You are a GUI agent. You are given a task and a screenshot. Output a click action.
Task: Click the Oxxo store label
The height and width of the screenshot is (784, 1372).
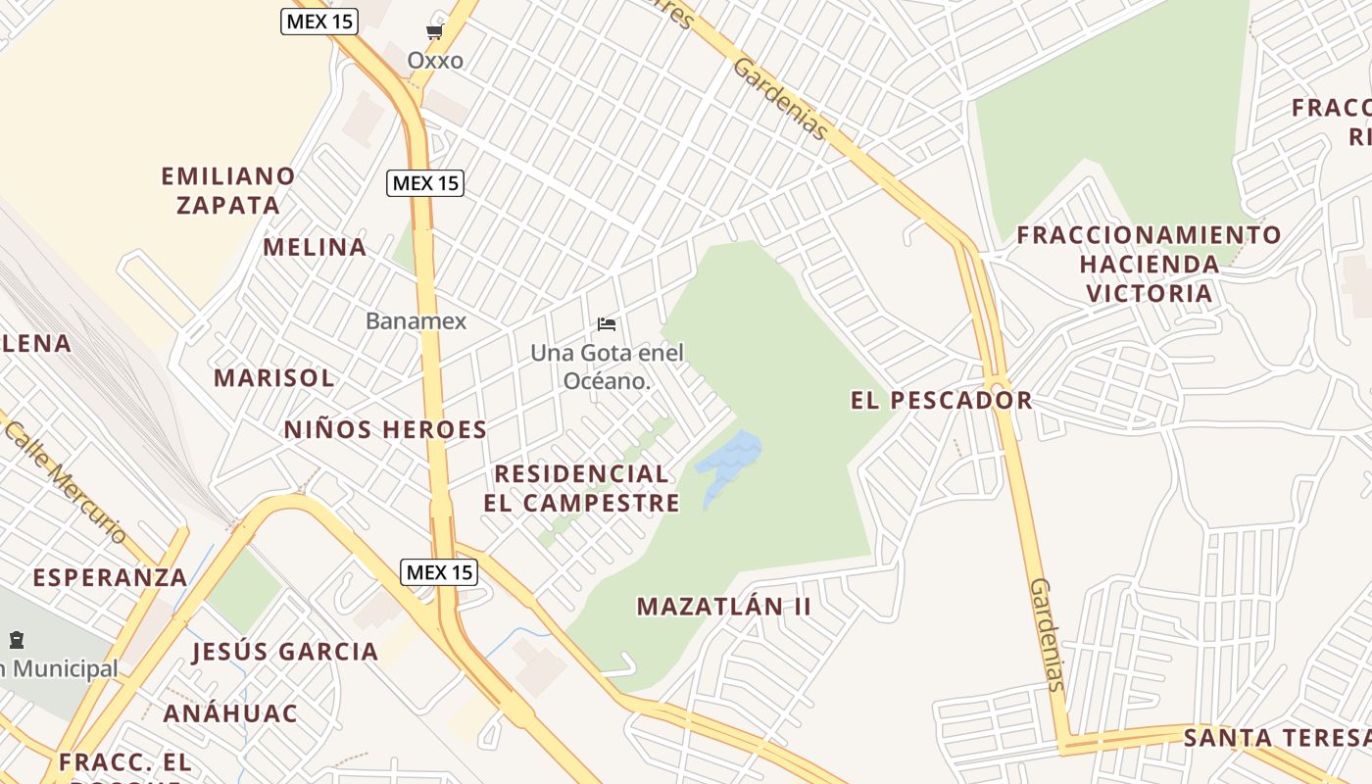coord(435,61)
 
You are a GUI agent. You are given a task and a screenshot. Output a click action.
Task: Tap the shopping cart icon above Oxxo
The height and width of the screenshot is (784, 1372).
coord(435,32)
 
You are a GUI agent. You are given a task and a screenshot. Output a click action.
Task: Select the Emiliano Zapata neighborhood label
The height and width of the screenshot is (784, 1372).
coord(228,190)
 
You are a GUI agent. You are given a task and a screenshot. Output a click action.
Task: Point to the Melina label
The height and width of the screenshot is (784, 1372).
coord(315,247)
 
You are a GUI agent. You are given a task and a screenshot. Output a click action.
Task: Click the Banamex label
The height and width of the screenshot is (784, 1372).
coord(416,320)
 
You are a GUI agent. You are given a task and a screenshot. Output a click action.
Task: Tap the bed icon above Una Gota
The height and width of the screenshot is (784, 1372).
coord(607,324)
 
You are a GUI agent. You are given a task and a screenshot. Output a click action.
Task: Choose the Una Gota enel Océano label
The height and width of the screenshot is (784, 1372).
coord(607,366)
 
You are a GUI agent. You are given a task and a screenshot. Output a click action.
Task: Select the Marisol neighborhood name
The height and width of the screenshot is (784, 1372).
coord(274,377)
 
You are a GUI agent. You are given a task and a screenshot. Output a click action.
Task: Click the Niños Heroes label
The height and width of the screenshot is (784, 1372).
coord(385,429)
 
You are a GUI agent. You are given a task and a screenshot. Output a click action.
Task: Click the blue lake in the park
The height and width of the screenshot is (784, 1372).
coord(729,461)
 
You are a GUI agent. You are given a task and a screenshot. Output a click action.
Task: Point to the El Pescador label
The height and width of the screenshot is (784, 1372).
coord(941,400)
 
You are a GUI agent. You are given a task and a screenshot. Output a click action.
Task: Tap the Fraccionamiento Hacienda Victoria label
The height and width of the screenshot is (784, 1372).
coord(1149,264)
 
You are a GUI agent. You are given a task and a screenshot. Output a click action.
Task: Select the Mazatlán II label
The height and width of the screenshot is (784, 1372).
coord(724,607)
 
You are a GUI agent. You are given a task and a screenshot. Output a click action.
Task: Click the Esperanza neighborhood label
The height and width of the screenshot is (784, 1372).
coord(110,577)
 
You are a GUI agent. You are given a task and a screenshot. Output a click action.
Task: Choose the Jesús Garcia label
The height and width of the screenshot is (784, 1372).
coord(285,652)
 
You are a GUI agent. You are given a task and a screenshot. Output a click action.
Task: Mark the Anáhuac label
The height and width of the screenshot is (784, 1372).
coord(230,713)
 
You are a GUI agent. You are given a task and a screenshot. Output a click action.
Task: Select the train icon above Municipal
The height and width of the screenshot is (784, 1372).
coord(17,641)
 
